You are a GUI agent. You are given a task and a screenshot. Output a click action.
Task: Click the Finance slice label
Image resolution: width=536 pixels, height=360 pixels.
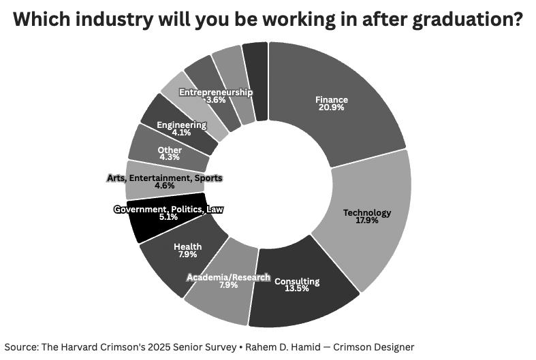pos(332,100)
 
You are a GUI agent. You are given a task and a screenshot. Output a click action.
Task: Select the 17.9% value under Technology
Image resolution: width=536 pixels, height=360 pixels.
pos(367,220)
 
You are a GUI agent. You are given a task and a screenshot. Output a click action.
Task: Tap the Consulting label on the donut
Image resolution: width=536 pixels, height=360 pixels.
pos(297,282)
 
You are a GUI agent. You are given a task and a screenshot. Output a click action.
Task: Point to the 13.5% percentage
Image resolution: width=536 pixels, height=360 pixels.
pos(297,289)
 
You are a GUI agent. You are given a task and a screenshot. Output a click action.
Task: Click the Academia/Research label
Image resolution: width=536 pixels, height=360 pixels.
pos(229,278)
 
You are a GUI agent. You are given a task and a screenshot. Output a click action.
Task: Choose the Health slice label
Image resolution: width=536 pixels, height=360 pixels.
pos(188,246)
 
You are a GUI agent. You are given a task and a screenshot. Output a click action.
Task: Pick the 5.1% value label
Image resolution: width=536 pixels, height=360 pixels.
pos(168,217)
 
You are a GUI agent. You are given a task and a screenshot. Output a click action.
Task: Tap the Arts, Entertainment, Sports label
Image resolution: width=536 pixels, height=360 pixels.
pos(165,178)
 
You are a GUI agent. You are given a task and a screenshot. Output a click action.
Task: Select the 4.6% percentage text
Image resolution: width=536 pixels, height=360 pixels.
pos(165,186)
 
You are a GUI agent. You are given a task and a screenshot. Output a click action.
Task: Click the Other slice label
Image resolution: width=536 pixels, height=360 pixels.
pos(170,150)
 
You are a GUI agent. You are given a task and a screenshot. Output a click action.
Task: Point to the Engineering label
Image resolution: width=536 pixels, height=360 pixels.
pos(182,125)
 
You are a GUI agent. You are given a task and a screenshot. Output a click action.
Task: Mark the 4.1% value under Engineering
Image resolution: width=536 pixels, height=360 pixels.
pos(182,133)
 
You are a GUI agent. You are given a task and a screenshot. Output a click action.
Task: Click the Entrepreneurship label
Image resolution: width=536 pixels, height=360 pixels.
pos(216,93)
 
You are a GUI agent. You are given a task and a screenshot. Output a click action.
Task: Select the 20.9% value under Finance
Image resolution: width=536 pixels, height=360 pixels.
pos(332,108)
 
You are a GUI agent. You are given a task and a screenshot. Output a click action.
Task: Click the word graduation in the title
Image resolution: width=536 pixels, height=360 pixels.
pos(468,20)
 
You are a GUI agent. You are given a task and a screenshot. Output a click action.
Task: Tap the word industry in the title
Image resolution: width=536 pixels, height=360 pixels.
pos(114,20)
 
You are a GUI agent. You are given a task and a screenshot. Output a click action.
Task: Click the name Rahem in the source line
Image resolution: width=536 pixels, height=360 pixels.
pos(257,347)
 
